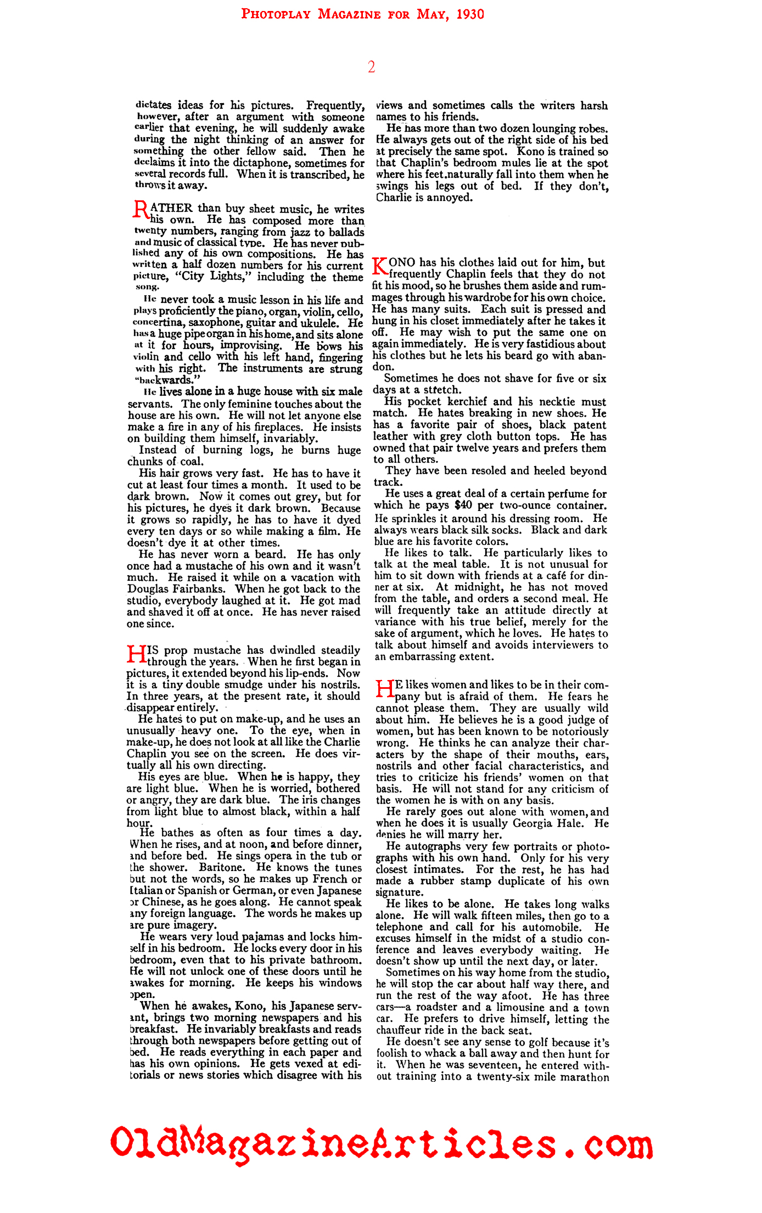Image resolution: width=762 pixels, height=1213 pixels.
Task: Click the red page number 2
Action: tap(372, 67)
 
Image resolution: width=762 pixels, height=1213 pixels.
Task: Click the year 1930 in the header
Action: tap(469, 14)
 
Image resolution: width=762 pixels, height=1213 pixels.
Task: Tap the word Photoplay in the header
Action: tap(276, 14)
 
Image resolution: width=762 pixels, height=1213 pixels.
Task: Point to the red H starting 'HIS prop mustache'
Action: tap(136, 654)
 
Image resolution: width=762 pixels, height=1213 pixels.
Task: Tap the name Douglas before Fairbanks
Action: tap(148, 589)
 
